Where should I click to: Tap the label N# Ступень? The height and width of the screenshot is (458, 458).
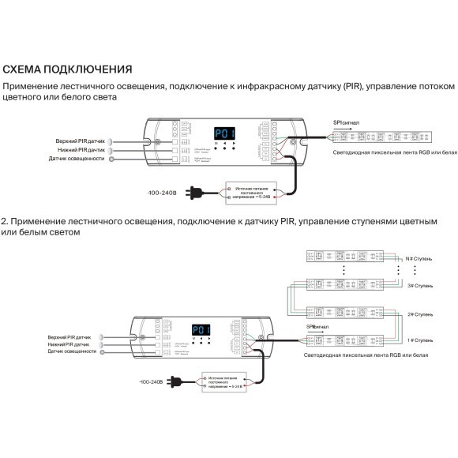click(419, 257)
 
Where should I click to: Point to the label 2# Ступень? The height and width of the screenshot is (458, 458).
click(419, 313)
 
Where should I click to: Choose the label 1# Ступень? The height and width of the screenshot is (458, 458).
click(419, 341)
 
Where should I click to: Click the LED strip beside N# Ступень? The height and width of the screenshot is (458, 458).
click(347, 256)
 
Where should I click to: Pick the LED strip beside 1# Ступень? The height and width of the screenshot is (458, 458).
click(347, 340)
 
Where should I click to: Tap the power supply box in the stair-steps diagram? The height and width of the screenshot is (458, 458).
click(227, 383)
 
